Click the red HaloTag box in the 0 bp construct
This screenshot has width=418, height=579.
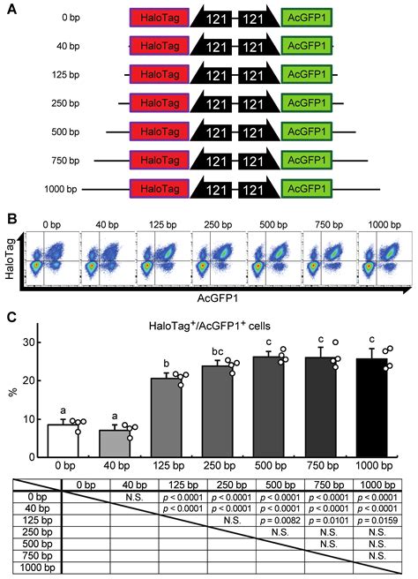pos(158,18)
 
